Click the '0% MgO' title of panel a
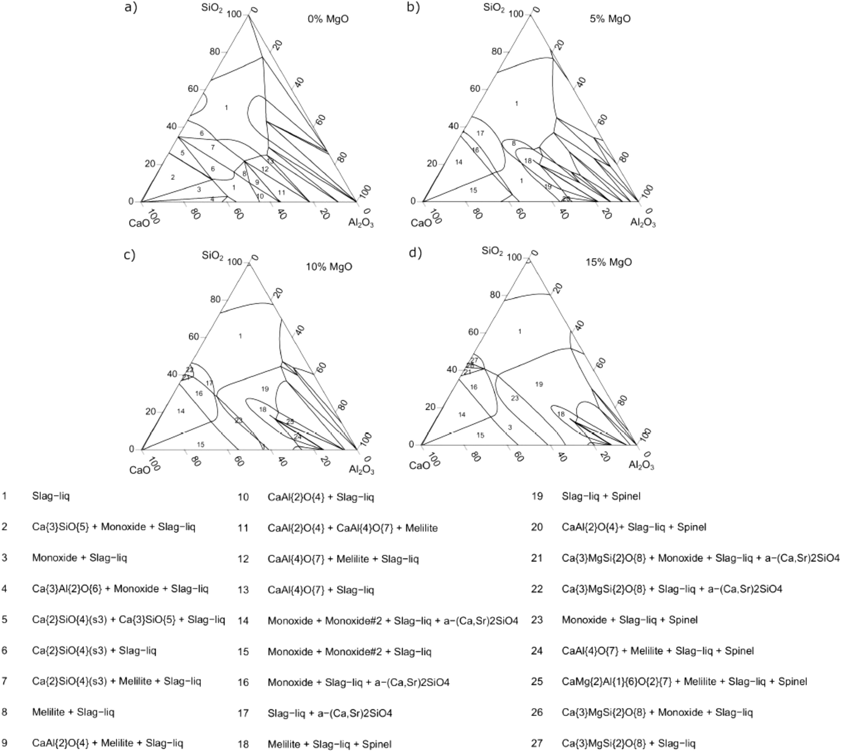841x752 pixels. click(328, 19)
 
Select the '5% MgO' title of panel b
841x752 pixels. click(610, 19)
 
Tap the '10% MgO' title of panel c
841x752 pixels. click(329, 266)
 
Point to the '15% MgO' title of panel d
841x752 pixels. click(608, 262)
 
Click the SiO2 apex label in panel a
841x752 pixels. click(212, 8)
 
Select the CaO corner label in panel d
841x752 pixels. click(419, 465)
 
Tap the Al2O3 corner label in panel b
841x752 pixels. click(643, 223)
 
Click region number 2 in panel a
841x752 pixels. click(173, 177)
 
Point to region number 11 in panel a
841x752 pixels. click(282, 193)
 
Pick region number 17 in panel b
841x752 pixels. click(480, 133)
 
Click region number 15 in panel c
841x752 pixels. click(201, 444)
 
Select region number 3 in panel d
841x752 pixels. click(510, 427)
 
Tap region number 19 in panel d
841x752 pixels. click(539, 384)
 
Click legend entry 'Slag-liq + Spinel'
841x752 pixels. click(601, 496)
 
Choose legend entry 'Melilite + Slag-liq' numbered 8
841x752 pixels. click(73, 712)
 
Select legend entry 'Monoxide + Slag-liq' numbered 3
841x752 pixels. click(79, 558)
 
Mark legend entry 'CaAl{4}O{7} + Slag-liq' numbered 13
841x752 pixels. click(321, 590)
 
